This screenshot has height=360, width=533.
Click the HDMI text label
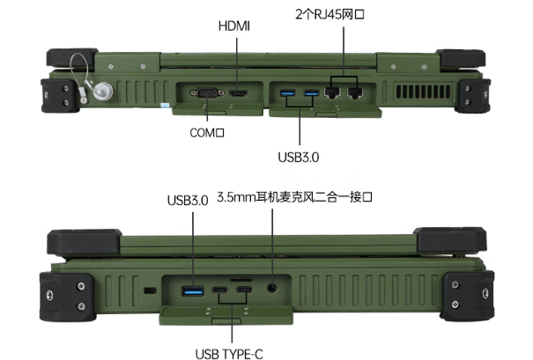[x=233, y=26]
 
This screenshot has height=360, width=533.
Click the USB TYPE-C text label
[x=230, y=354]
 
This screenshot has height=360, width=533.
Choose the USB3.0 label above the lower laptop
[x=187, y=200]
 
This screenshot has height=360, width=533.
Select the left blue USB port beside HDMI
[x=287, y=92]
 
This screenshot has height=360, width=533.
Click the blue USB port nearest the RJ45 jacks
[x=310, y=92]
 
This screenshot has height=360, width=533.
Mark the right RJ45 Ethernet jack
[x=356, y=91]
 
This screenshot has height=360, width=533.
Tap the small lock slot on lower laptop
[x=150, y=290]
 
